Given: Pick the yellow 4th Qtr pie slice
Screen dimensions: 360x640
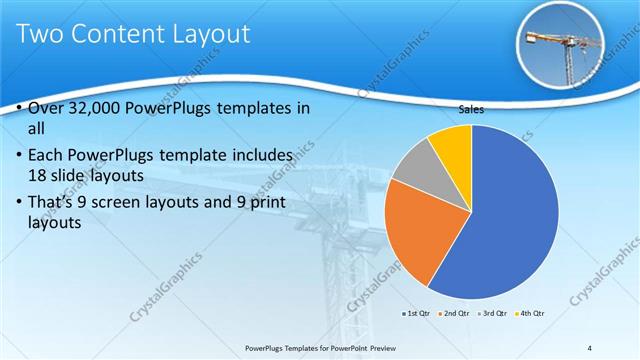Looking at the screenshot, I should click(x=453, y=145).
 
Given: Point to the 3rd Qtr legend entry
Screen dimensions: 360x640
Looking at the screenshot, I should click(x=492, y=314).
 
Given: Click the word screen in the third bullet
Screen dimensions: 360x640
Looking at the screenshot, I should click(x=128, y=204).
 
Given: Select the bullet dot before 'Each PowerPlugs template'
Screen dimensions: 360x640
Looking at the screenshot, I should click(x=21, y=156).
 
